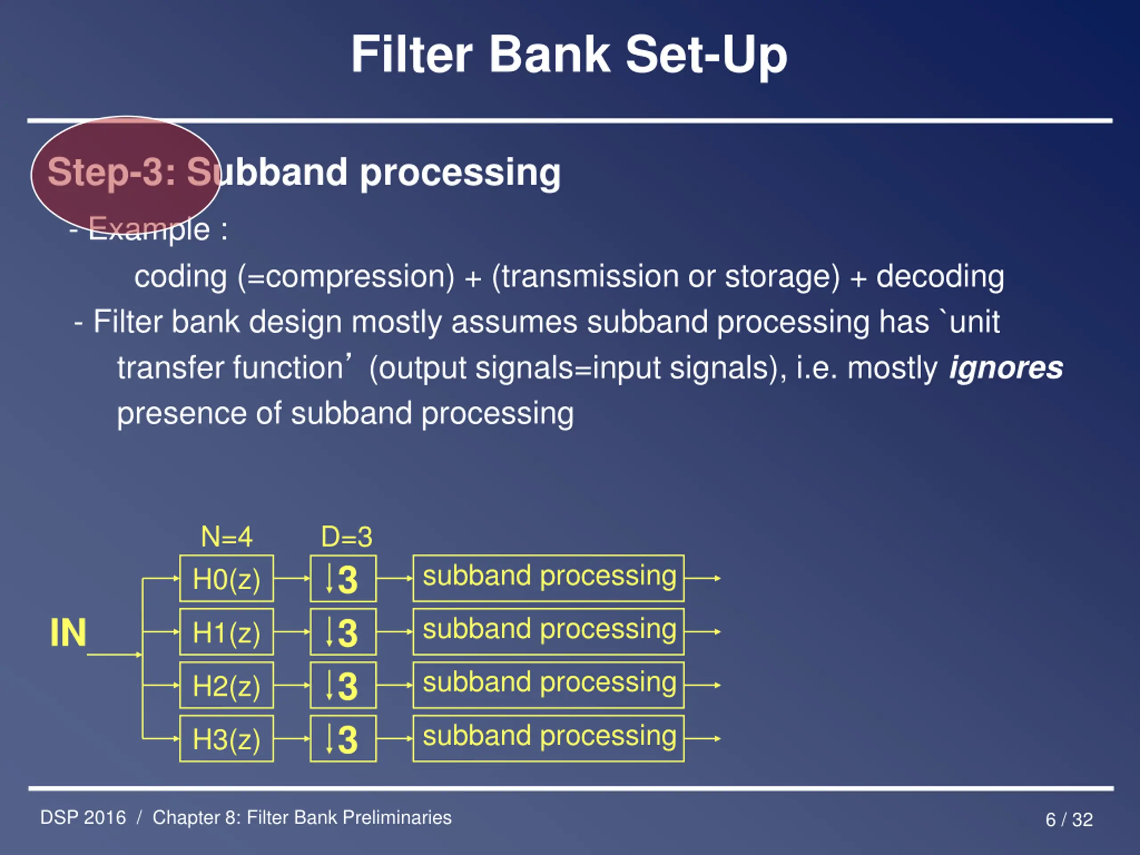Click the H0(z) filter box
click(226, 578)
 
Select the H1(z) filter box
click(226, 632)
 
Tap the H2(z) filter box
click(226, 685)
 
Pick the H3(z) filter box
click(226, 738)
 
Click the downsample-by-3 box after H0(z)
click(343, 578)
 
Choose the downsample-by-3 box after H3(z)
click(343, 738)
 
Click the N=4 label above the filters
click(227, 537)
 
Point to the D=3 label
click(347, 537)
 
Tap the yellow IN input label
click(68, 632)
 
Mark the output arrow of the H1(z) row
click(702, 632)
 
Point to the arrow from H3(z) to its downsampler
click(292, 738)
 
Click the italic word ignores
click(1006, 368)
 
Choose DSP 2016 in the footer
click(83, 818)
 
